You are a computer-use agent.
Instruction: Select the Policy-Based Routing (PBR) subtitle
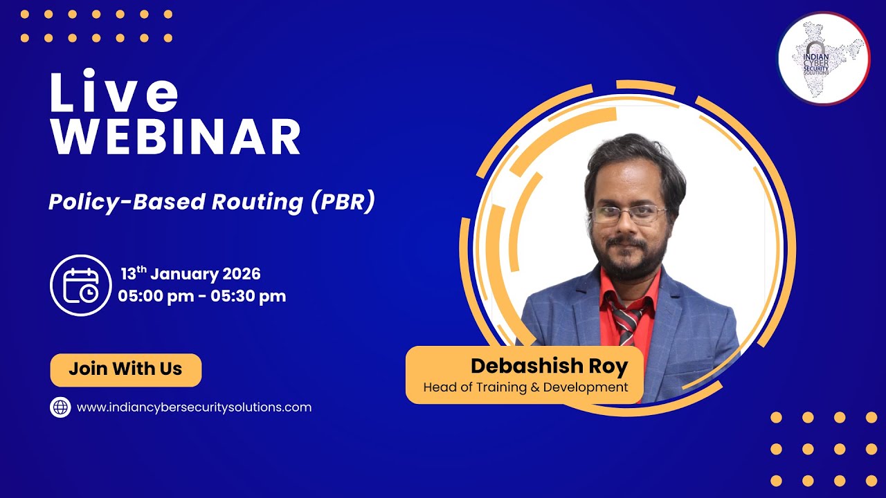click(x=211, y=202)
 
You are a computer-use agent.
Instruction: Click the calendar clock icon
click(x=81, y=285)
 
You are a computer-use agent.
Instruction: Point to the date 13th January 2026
click(x=190, y=274)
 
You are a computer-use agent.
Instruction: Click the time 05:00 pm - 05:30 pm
click(x=201, y=296)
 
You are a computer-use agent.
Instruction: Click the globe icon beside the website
click(x=61, y=407)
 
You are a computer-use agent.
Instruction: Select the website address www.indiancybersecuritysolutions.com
click(x=194, y=407)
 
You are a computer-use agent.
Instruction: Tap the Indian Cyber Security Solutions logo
click(x=824, y=58)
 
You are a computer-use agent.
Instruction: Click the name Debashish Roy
click(x=549, y=367)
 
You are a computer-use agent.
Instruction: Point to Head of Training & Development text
click(x=525, y=387)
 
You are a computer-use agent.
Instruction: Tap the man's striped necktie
click(x=627, y=322)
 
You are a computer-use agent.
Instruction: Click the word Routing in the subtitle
click(x=257, y=202)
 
